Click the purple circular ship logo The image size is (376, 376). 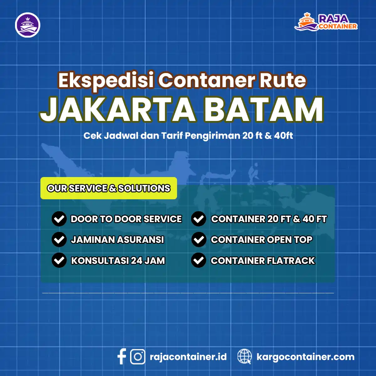coord(28,25)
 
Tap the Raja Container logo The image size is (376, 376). coord(326,22)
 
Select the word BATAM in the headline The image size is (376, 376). coord(264,110)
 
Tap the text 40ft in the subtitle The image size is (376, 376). coord(283,136)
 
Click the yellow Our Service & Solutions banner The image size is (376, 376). coord(109,188)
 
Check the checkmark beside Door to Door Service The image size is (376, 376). coord(59,219)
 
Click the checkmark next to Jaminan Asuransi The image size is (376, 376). coord(59,240)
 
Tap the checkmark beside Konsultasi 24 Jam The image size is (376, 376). coord(59,260)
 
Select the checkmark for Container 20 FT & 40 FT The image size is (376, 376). coord(199,219)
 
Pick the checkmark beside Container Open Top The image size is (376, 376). coord(199,240)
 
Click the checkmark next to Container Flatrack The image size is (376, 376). coord(199,260)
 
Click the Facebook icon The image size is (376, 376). coord(122,357)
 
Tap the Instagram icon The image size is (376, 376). coord(138,357)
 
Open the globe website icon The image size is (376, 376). coord(244,357)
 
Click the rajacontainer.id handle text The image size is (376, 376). coord(188,357)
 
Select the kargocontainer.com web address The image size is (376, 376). coord(305,357)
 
